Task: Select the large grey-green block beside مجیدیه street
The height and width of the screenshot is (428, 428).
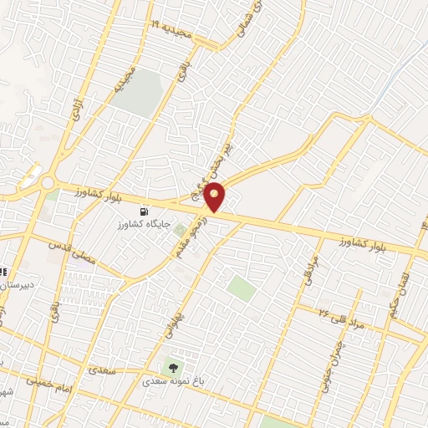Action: point(138,92)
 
